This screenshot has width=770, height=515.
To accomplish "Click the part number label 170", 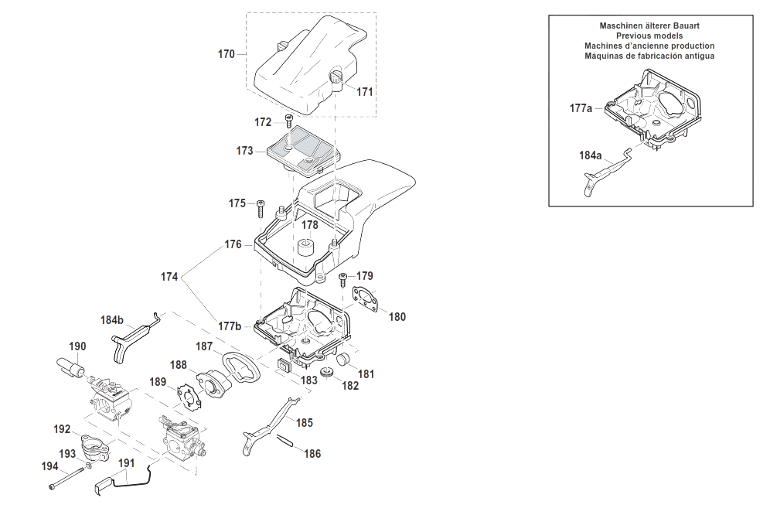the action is point(226,54).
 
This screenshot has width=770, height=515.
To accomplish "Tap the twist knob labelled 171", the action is point(336,78).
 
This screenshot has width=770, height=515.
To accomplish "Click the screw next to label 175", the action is point(260,208).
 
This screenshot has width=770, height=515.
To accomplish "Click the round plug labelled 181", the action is point(342,359).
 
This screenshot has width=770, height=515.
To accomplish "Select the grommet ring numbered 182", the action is point(326,373).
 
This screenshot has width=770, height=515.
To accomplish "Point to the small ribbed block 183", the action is point(284,364).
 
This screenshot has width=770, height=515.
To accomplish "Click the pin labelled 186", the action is point(284,441).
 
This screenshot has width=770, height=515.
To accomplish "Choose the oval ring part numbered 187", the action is point(241,367).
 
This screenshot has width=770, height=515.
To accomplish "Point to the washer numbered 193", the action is point(87,465).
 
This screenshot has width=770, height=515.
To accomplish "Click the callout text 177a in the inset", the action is point(581,108).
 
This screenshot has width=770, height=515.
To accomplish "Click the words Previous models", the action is point(649,36).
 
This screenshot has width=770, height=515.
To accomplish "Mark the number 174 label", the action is point(169,277).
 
